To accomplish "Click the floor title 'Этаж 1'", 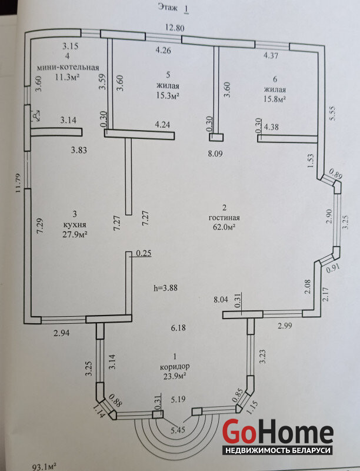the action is (x=174, y=8).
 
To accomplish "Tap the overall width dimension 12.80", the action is (x=175, y=28).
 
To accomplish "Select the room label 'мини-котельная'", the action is (x=68, y=67).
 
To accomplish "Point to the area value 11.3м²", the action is (x=67, y=77).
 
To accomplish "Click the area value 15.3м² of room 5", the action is (x=168, y=96).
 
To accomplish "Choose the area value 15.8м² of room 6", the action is (x=275, y=99).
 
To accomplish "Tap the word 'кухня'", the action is (x=75, y=224).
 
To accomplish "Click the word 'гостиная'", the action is (x=224, y=217).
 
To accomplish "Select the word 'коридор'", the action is (x=175, y=366).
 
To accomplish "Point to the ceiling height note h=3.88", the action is (x=166, y=288).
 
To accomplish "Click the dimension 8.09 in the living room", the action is (x=215, y=154).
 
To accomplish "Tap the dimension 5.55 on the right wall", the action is (x=333, y=114).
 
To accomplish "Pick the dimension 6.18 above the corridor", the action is (x=178, y=328).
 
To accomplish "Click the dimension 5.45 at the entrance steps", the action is (x=178, y=430).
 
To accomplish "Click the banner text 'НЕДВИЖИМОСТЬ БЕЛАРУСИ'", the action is (x=278, y=450).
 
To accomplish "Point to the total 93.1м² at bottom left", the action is (x=44, y=466).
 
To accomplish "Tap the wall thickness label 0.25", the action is (x=144, y=254).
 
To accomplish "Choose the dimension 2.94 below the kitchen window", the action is (x=62, y=333).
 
